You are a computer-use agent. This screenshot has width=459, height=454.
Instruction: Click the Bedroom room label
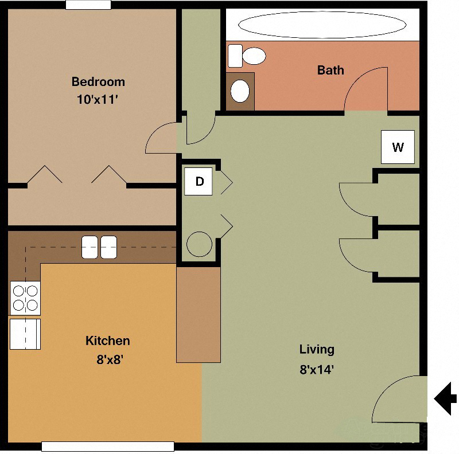point(98,81)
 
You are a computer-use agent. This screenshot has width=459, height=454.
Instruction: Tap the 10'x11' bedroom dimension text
point(98,99)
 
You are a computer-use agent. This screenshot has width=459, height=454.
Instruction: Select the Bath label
point(330,70)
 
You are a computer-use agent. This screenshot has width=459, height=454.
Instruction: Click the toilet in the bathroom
point(248,56)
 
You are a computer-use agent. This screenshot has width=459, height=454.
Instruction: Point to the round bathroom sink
point(240,91)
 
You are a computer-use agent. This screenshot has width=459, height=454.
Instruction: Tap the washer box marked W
point(398,147)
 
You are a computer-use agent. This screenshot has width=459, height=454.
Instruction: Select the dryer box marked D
point(199,182)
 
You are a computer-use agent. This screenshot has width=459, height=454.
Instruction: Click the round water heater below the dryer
point(199,244)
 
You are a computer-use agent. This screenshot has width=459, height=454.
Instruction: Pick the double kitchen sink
point(99,247)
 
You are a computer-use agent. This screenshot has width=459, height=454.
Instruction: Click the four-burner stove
point(26,298)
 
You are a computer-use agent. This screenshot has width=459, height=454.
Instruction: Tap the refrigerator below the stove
point(25,334)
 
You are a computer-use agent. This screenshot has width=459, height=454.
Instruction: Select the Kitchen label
point(107,341)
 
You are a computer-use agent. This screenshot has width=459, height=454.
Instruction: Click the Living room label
point(317,349)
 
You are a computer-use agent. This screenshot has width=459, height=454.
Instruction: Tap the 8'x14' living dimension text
point(317,369)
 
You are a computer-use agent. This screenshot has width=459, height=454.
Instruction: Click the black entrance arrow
point(446,397)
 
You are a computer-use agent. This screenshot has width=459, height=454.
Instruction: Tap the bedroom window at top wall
point(88,5)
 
